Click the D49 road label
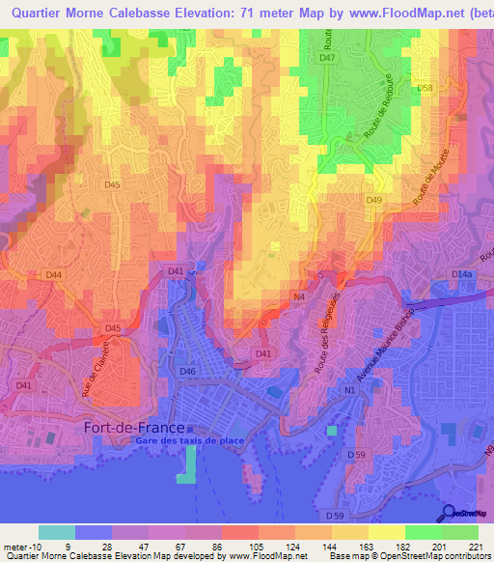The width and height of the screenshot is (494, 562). point(374,200)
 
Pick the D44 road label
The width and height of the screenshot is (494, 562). point(54,275)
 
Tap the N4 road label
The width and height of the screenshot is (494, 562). point(299,297)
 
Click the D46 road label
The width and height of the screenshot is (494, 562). point(187,371)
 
